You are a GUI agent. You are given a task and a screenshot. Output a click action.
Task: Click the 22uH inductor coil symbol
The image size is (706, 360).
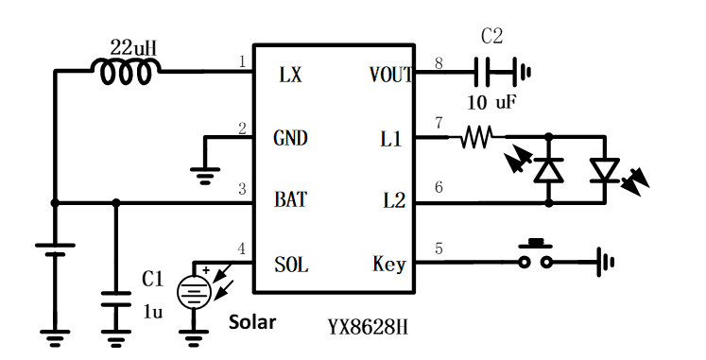click(x=126, y=70)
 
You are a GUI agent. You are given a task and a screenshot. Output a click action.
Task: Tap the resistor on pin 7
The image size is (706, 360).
click(x=475, y=139)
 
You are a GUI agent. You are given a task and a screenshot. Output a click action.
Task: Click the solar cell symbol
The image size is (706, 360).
click(x=195, y=292)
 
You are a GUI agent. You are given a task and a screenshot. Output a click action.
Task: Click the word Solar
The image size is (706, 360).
click(x=253, y=322)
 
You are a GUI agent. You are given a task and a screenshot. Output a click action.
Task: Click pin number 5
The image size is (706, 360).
click(x=438, y=249)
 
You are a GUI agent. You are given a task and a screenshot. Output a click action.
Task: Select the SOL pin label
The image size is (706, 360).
click(x=290, y=264)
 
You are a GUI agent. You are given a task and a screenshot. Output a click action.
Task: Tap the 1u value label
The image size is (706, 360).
click(x=153, y=309)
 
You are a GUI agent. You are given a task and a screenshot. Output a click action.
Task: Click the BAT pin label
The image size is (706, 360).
click(x=291, y=201)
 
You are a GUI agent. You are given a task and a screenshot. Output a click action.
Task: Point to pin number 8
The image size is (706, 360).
click(x=439, y=63)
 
